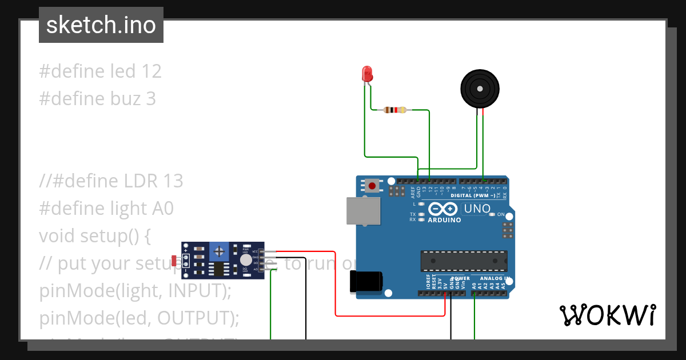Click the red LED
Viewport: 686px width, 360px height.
coord(367,73)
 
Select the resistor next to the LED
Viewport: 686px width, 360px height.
coord(395,110)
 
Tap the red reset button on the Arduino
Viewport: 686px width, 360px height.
coord(373,186)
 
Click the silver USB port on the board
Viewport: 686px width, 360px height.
coord(364,211)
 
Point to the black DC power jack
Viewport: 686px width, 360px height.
coord(365,282)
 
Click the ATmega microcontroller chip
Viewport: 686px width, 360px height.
coord(464,261)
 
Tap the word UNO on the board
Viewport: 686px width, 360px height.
coord(477,209)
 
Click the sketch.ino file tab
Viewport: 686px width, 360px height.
coord(101,25)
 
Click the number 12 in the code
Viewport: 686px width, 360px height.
coord(151,71)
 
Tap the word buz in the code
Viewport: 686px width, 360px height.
coord(126,99)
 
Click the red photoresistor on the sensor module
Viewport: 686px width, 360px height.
coord(174,261)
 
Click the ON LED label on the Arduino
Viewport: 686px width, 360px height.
coord(501,215)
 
